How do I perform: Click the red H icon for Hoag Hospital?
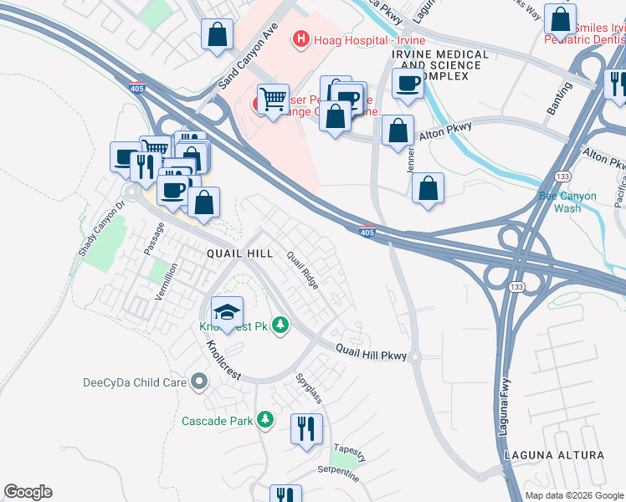click(300, 39)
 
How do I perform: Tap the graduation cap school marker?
click(227, 312)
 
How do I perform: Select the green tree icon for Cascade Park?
click(265, 418)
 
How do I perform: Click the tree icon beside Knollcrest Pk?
click(281, 325)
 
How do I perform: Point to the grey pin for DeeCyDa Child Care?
click(198, 382)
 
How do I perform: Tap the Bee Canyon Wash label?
click(568, 202)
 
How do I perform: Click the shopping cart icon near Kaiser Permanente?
click(273, 99)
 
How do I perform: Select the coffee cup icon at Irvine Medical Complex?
click(408, 83)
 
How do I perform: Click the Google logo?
click(28, 492)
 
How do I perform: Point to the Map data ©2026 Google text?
click(573, 495)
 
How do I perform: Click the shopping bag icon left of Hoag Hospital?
click(217, 35)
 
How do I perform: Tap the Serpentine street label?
click(338, 474)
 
